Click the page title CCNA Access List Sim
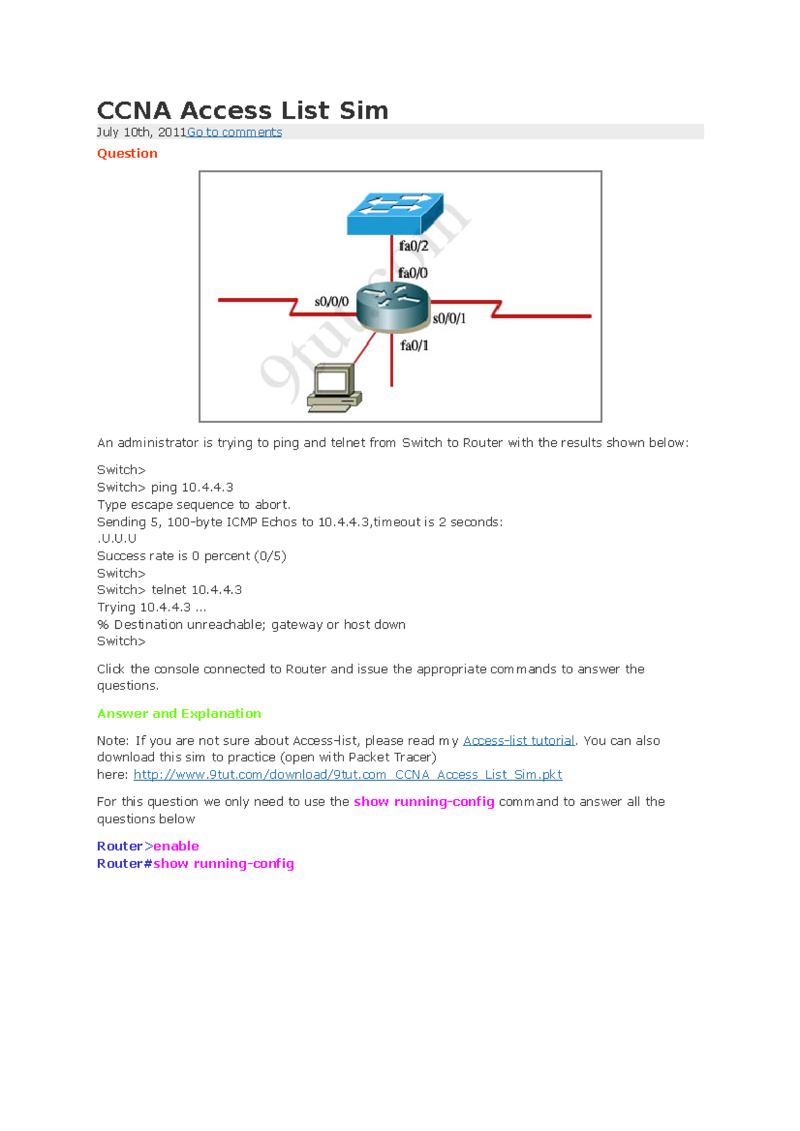tap(243, 111)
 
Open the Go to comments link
tap(234, 132)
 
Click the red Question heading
tap(127, 153)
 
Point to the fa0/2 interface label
tap(413, 246)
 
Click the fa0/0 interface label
tap(413, 273)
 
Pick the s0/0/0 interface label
tap(331, 302)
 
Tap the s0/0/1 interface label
tap(449, 318)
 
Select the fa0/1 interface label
tap(414, 345)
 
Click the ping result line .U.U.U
tap(117, 538)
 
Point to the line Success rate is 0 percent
tap(191, 556)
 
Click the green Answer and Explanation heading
tap(179, 713)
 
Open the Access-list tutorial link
tap(519, 741)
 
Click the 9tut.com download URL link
tap(347, 775)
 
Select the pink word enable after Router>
tap(176, 846)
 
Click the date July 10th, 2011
tap(141, 132)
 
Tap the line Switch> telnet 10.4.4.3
tap(169, 589)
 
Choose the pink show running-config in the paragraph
tap(424, 801)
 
